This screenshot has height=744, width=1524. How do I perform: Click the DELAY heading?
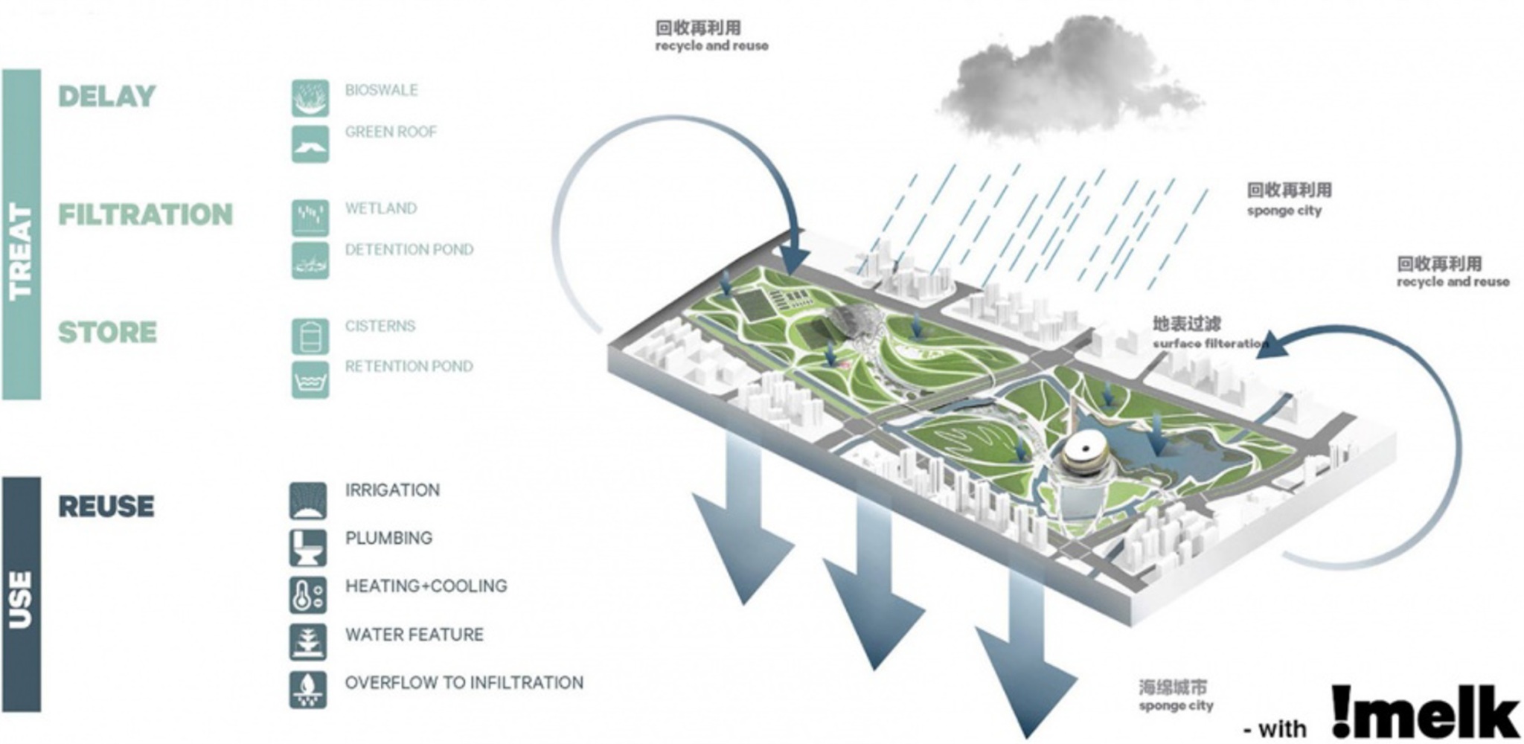click(107, 97)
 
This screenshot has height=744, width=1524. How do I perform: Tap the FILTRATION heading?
click(146, 215)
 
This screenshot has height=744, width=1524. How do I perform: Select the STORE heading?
click(108, 333)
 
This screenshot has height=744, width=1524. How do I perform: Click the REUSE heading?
click(106, 507)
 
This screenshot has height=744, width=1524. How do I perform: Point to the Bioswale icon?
click(310, 99)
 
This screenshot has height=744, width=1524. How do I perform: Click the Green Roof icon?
click(310, 144)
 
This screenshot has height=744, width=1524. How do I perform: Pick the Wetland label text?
click(380, 209)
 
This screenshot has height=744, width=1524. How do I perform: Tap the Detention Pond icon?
click(310, 260)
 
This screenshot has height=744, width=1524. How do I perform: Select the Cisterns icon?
click(310, 336)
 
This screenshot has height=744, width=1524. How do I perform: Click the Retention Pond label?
click(409, 367)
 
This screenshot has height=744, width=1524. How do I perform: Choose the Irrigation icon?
click(308, 501)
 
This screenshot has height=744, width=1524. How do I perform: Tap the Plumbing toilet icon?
click(308, 548)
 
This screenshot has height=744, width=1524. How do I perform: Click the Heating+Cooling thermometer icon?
click(308, 595)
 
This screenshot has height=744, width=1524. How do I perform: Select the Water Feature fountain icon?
click(308, 641)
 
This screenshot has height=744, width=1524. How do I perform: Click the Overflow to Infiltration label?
click(464, 683)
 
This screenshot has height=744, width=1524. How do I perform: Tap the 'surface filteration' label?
click(1209, 344)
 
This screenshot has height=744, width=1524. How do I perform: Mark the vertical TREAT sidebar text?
click(21, 253)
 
